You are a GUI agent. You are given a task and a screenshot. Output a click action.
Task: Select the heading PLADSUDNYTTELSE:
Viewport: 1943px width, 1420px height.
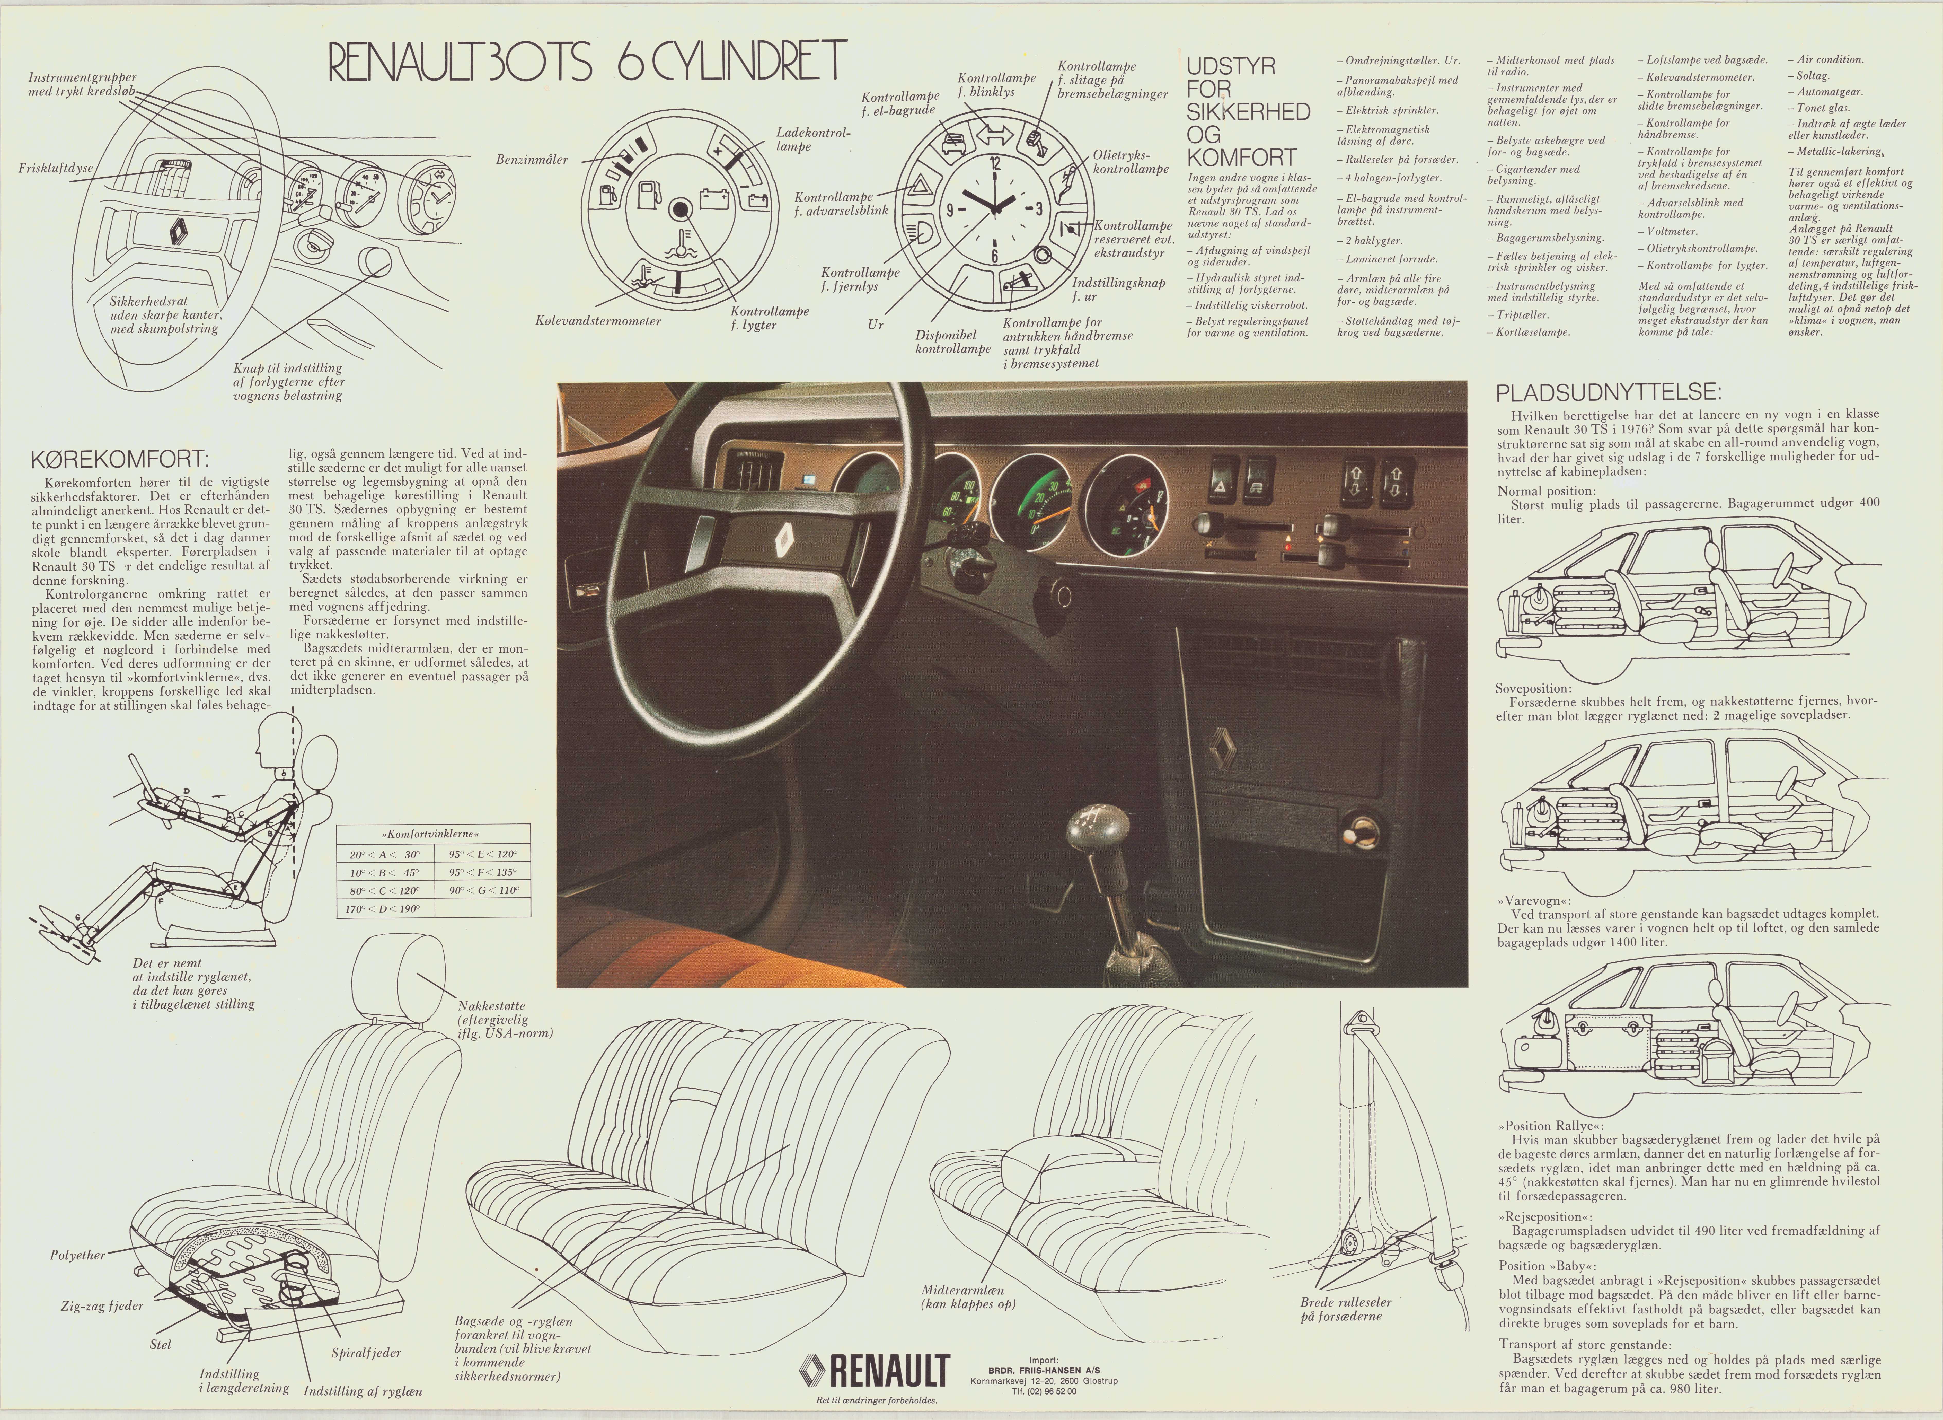tap(1609, 393)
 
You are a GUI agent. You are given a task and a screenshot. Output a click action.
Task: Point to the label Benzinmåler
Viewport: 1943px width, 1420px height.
tap(532, 160)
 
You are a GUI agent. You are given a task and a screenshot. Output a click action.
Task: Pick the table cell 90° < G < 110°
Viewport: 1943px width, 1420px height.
tap(483, 890)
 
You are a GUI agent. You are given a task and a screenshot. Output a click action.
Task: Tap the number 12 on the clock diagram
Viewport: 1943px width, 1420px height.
tap(995, 162)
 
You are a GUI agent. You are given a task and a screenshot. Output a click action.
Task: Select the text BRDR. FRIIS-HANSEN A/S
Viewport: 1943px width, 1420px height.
tap(1043, 1370)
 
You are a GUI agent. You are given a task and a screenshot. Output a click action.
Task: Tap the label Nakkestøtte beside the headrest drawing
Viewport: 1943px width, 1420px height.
tap(492, 1006)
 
